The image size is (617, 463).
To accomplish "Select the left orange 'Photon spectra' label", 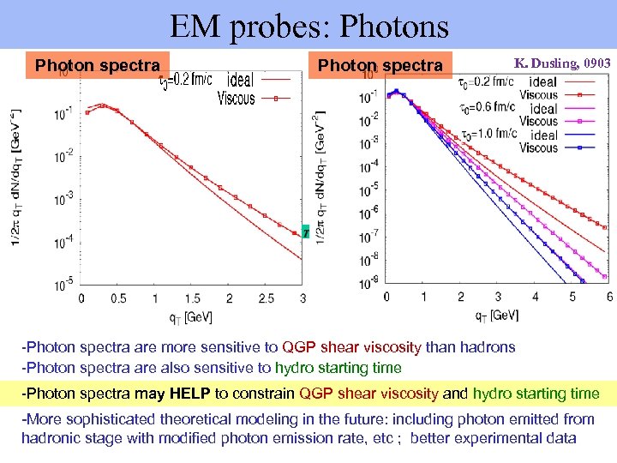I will coord(97,65).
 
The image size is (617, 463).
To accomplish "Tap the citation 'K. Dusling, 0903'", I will coord(562,63).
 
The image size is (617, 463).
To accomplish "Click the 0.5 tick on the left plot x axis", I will coord(118,298).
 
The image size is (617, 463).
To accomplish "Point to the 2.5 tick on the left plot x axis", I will coord(266,298).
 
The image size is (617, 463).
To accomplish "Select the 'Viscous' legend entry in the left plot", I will coord(236,98).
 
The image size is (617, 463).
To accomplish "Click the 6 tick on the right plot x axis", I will coord(608,296).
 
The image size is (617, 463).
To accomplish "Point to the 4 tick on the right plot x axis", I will coord(535,296).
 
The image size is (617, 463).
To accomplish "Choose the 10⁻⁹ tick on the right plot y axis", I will coord(368,283).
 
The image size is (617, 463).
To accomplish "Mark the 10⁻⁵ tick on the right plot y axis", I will coord(368,189).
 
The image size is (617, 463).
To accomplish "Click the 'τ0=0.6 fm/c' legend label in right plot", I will coord(483,107).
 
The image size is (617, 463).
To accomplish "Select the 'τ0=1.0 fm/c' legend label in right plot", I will coord(483,134).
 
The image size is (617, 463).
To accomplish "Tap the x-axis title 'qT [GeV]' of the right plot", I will coord(497,315).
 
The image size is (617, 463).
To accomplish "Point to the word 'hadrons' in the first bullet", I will coord(486,347).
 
